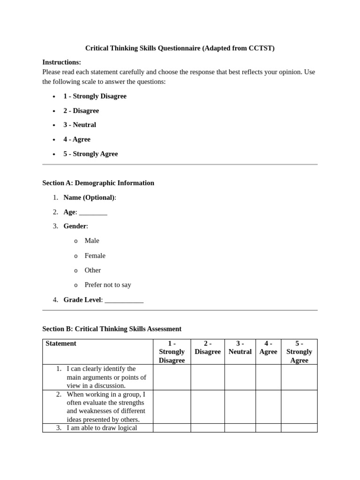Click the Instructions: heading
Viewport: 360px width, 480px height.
click(61, 62)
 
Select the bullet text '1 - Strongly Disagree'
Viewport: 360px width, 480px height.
click(95, 96)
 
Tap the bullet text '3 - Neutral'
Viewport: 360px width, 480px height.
click(80, 125)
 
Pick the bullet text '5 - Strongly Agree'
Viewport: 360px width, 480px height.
click(90, 154)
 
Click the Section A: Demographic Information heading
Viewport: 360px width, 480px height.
click(98, 183)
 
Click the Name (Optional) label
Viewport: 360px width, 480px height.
click(89, 197)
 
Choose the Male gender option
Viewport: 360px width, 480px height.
click(92, 240)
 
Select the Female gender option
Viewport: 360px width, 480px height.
click(95, 255)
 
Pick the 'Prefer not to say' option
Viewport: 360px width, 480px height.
click(108, 285)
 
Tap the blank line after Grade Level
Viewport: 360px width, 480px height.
click(124, 300)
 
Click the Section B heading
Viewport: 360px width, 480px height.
click(112, 329)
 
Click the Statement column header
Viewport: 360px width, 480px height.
click(61, 343)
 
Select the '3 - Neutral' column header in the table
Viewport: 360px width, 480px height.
click(240, 347)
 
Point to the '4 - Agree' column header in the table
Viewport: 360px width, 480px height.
click(268, 347)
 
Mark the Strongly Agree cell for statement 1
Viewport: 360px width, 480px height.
click(299, 377)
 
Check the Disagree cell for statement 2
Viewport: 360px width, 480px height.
click(207, 406)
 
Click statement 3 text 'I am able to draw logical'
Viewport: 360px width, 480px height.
click(102, 427)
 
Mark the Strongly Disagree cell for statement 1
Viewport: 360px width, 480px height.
click(172, 377)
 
